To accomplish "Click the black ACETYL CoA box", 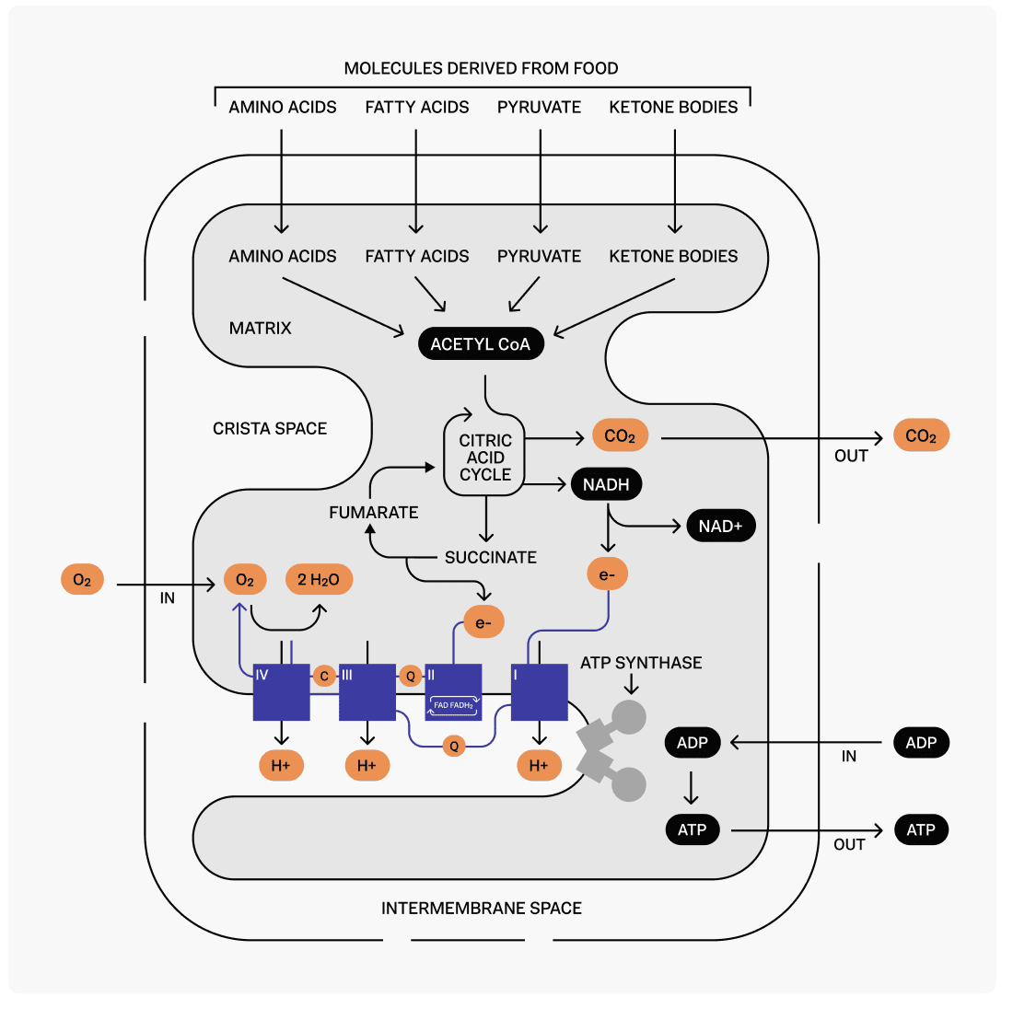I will pos(481,344).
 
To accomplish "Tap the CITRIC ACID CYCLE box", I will pos(485,458).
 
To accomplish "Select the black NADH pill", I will pos(606,484).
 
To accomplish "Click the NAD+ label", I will pos(720,527).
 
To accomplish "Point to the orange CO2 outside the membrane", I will pos(920,436).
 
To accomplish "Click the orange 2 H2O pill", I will pos(319,580).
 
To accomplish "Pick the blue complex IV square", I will pos(282,692).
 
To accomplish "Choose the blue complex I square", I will pos(540,692).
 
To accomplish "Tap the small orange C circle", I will pos(324,677).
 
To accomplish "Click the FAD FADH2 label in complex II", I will pos(453,705).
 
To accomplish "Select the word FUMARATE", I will pos(374,513).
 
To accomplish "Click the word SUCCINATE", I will pos(490,558).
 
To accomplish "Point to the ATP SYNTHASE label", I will pos(641,663).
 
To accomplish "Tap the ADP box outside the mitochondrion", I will pos(921,743).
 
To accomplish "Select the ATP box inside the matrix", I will pos(692,830).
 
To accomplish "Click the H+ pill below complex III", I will pos(367,766).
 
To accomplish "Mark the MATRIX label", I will pos(261,328).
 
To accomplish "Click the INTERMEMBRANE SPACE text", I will pos(482,909).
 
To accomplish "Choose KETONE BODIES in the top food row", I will pos(673,107).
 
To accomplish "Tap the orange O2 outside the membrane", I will pos(82,580).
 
